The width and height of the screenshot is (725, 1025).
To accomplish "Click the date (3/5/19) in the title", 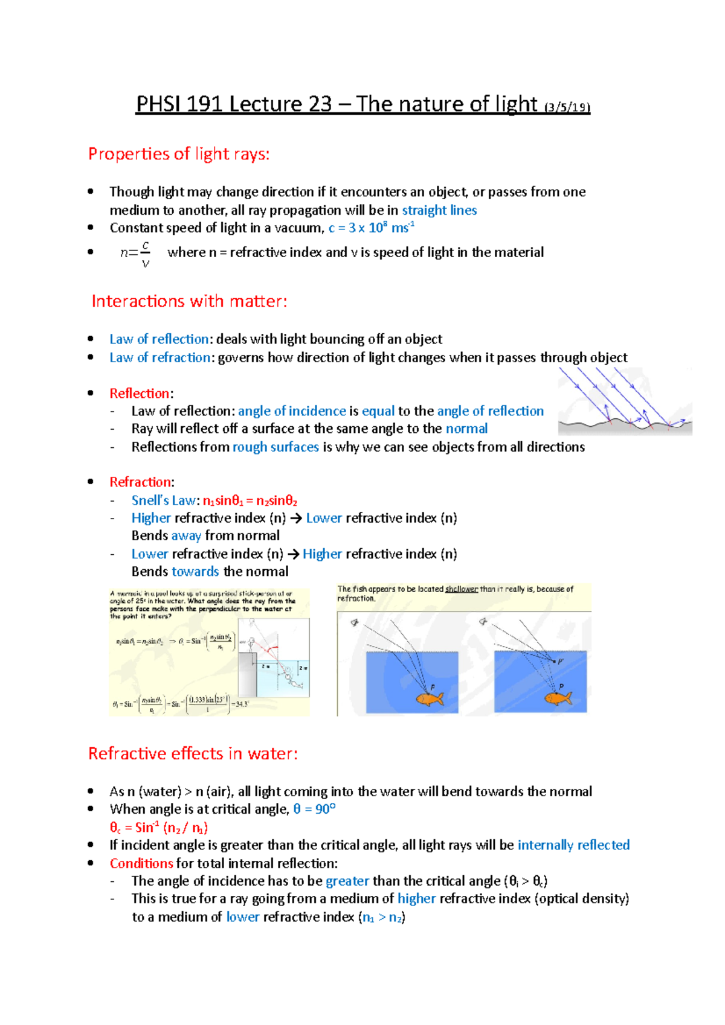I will coord(567,108).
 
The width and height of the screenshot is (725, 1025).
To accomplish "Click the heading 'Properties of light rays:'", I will coord(179,155).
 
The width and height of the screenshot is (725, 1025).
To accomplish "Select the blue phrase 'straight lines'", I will coord(439,211).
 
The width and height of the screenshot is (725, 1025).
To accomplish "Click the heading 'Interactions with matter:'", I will coord(189,301).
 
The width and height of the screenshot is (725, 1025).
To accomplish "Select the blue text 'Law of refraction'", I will coord(159,358).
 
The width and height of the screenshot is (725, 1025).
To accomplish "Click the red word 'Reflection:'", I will coord(141,394).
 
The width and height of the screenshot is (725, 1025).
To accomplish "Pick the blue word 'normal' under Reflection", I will coord(466,429).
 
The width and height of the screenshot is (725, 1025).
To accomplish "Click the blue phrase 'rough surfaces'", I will coord(275,447).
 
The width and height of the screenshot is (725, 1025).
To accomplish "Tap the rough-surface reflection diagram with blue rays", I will coord(624,401).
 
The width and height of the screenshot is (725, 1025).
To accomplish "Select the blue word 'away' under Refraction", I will coord(186,536).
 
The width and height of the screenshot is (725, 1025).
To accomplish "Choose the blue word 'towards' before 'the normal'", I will coord(195,572).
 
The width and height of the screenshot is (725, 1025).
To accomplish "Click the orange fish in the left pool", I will coord(429,699).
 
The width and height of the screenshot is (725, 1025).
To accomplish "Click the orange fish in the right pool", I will coord(558,698).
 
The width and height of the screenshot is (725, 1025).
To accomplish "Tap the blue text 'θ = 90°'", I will coord(314,809).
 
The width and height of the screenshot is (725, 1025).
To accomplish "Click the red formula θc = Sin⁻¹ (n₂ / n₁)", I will coord(159,828).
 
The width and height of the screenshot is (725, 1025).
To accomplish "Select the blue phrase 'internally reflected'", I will coord(573,845).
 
